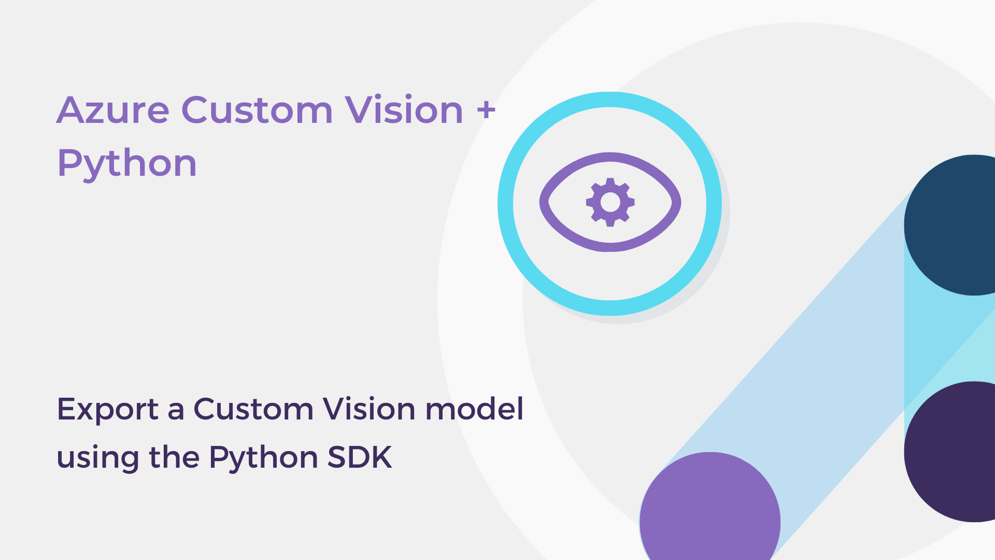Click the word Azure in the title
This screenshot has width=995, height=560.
pos(113,110)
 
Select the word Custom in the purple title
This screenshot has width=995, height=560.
pos(257,110)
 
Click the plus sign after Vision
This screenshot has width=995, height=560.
pos(486,110)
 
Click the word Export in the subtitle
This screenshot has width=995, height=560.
pos(108,410)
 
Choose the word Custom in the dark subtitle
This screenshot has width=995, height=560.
pos(253,409)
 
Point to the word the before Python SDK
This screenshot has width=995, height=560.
pos(174,457)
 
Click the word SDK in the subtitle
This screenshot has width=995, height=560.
pos(360,457)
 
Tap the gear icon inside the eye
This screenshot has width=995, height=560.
pos(610,202)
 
